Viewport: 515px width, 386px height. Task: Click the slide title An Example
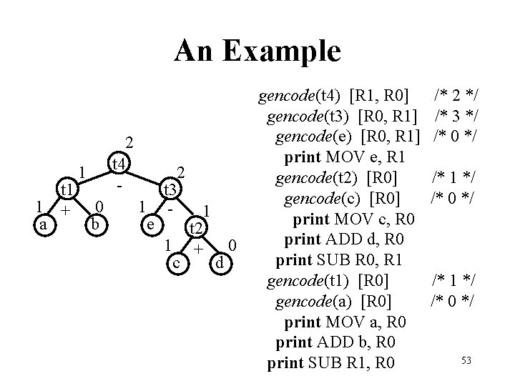tap(257, 51)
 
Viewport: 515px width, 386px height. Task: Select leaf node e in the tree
tap(150, 224)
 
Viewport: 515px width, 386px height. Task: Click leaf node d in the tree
tap(221, 264)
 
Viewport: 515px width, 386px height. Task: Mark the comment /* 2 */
tap(454, 94)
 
